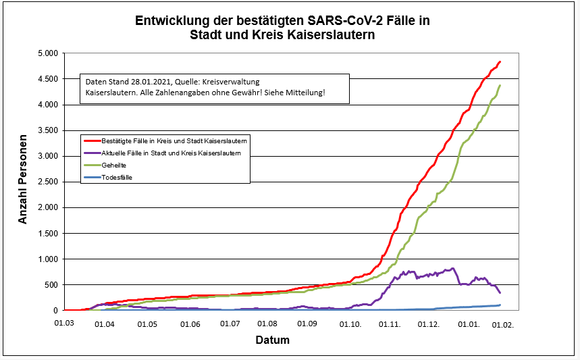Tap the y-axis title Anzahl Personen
point(23,180)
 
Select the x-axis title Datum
point(272,340)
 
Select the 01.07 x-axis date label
point(231,324)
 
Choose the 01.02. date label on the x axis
point(503,324)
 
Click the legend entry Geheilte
point(114,165)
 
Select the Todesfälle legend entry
point(117,178)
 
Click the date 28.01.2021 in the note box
point(151,82)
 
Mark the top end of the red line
point(500,62)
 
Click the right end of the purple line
point(500,292)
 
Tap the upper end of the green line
point(500,85)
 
